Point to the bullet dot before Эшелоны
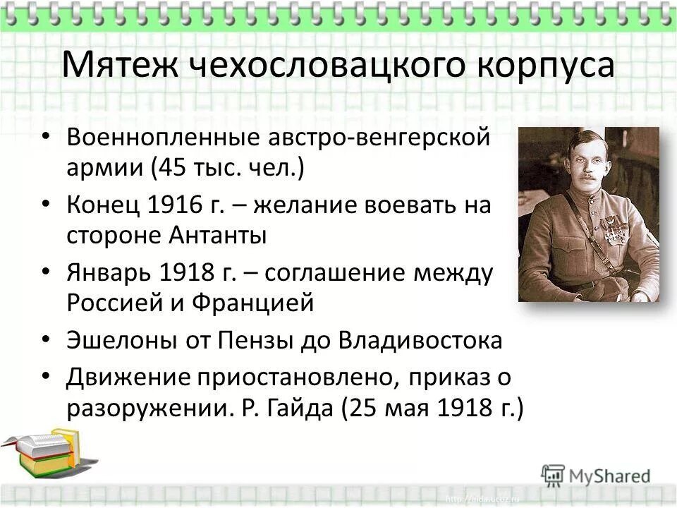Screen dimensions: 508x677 tap(47, 340)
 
